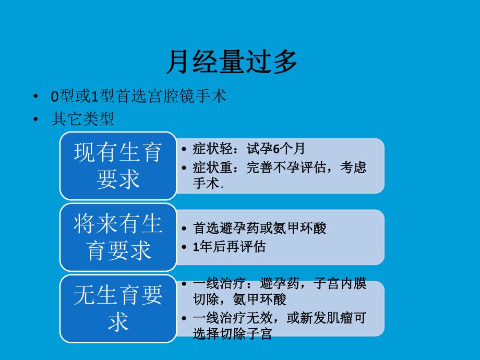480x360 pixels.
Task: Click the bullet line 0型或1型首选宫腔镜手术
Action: pos(138,97)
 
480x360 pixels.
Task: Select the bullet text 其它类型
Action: pos(82,119)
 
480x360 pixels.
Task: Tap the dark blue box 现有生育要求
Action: pos(118,166)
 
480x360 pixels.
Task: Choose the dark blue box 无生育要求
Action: pos(118,309)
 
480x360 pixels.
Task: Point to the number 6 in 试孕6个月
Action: pos(277,149)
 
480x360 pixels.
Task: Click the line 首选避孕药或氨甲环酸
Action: pos(259,228)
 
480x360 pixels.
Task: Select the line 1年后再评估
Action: pos(229,247)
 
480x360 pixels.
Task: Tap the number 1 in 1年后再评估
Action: pos(196,247)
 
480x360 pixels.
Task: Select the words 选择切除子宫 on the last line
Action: pos(232,334)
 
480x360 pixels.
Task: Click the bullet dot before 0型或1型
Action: pos(35,97)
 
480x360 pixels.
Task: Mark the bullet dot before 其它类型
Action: pos(35,120)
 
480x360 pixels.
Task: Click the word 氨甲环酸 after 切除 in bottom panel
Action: pos(261,300)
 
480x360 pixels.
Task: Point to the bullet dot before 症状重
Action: pos(185,168)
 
